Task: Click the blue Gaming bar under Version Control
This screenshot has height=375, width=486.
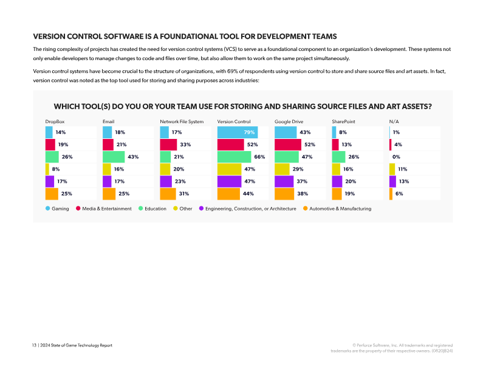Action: [238, 132]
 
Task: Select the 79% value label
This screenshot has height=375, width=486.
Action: [249, 132]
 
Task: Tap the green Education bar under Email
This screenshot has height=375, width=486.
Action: [114, 157]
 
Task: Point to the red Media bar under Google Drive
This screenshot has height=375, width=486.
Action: [288, 144]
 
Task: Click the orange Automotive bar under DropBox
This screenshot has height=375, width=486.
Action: [52, 194]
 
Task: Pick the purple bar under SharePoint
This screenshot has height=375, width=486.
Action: [337, 181]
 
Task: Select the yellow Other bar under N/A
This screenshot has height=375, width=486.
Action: [392, 169]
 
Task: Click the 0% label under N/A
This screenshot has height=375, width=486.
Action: [396, 157]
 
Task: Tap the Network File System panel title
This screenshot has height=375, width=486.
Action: [182, 121]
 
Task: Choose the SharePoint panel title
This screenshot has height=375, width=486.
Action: [343, 121]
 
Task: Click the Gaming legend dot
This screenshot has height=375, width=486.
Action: [48, 208]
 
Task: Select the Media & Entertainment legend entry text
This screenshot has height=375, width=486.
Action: [107, 209]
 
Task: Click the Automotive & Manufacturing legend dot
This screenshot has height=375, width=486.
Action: [306, 208]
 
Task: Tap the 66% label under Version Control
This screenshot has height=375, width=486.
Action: [259, 157]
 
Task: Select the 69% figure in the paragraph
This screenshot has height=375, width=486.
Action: [233, 71]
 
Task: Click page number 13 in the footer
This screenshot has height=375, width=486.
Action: [34, 345]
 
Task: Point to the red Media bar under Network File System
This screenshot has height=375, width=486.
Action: [168, 144]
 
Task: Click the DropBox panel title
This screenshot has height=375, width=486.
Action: [55, 121]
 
